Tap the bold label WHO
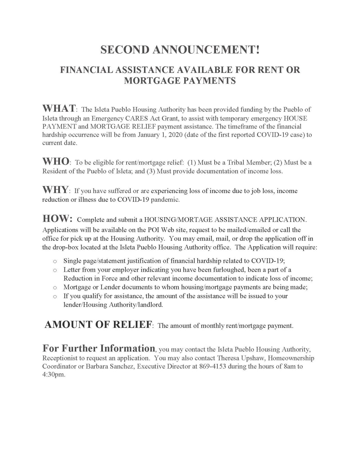(56, 162)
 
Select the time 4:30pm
(53, 375)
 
